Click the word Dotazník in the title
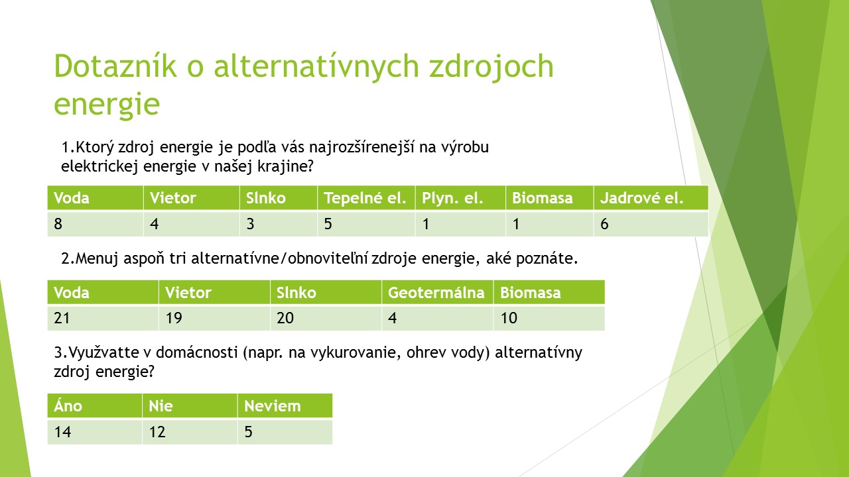coord(115,66)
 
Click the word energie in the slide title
coord(107,104)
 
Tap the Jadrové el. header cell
coord(651,197)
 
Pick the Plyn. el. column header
coord(460,197)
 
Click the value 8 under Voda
coord(58,224)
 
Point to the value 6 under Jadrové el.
coord(604,224)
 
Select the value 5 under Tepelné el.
coord(328,224)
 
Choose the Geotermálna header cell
coord(437,292)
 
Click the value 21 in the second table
coord(62,318)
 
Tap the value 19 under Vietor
coord(174,318)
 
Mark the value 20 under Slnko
coord(285,318)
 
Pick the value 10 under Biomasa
coord(509,318)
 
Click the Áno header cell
coord(94,406)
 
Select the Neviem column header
coord(285,406)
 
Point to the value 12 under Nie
coord(157,432)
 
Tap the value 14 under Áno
coord(62,432)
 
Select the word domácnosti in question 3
coord(197,352)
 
